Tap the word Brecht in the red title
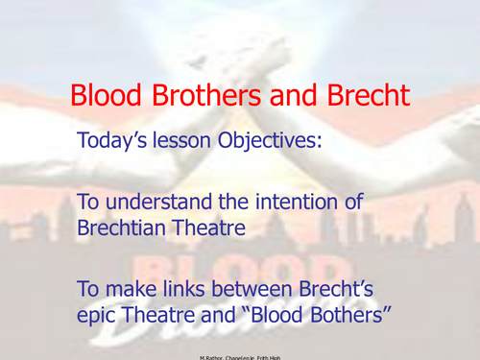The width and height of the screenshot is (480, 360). click(364, 96)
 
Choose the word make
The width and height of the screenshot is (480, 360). click(128, 284)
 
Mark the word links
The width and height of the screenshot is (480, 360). click(181, 284)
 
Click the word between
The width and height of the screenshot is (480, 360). click(252, 284)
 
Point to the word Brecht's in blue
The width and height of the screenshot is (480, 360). click(345, 284)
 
